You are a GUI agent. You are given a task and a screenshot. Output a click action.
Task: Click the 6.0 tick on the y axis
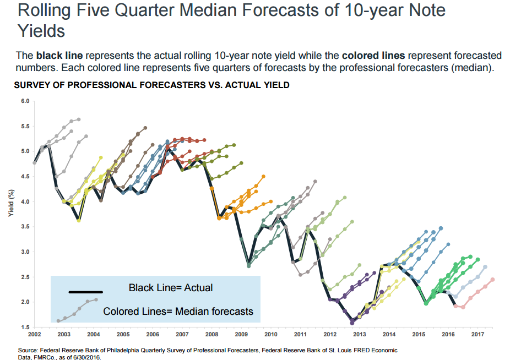pyautogui.click(x=25, y=101)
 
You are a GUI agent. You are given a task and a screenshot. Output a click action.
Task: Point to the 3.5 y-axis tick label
pyautogui.click(x=25, y=226)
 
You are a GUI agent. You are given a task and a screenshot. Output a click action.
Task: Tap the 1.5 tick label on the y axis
pyautogui.click(x=25, y=327)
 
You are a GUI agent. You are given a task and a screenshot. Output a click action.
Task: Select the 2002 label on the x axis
pyautogui.click(x=34, y=334)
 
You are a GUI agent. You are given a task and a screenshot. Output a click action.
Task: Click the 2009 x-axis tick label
pyautogui.click(x=241, y=334)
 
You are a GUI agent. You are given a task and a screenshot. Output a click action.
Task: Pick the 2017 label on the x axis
pyautogui.click(x=477, y=334)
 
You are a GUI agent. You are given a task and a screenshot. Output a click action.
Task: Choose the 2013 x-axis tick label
pyautogui.click(x=359, y=334)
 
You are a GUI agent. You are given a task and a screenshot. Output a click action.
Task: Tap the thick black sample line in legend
pyautogui.click(x=85, y=292)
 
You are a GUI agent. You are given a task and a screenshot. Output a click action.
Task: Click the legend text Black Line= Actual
pyautogui.click(x=171, y=287)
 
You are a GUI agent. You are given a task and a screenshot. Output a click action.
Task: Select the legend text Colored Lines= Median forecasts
pyautogui.click(x=178, y=312)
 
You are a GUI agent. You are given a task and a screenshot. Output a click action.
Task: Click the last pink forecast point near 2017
pyautogui.click(x=493, y=280)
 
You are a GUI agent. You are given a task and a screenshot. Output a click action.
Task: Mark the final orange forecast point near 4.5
pyautogui.click(x=263, y=176)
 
